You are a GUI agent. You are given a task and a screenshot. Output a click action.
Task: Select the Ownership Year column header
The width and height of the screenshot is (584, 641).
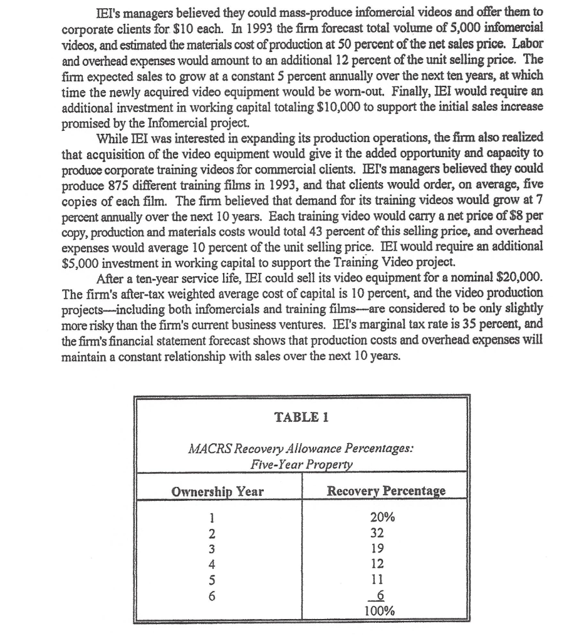(218, 491)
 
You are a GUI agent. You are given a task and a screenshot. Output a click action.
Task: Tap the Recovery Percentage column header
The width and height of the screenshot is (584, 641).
(386, 491)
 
